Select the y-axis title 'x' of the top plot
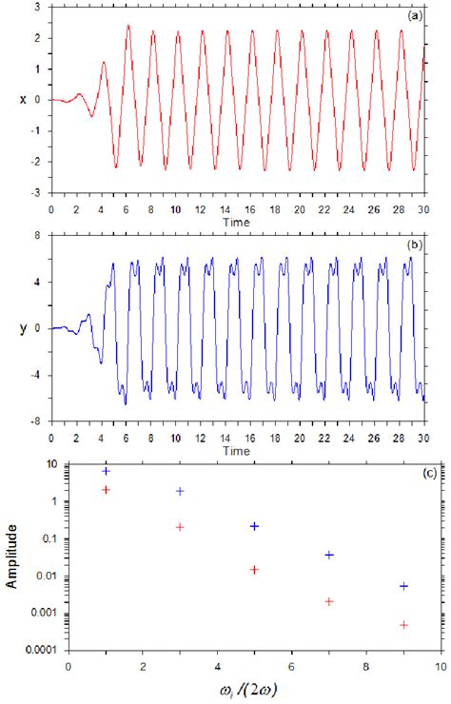(x=10, y=99)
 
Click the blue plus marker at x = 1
(x=106, y=471)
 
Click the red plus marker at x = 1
(x=106, y=490)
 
